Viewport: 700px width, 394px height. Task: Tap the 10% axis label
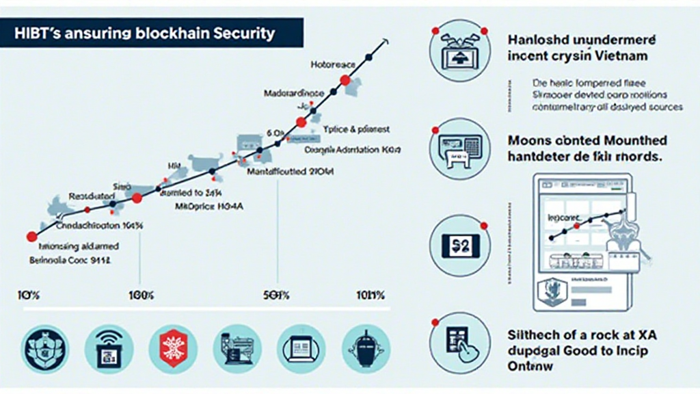point(28,295)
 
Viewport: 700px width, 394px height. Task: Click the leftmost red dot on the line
point(31,237)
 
